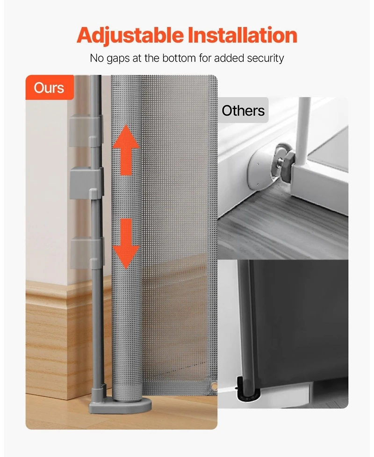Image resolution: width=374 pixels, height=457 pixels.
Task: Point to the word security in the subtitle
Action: [264, 58]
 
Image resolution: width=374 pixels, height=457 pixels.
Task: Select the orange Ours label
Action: [49, 87]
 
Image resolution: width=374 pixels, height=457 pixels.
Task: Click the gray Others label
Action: [243, 111]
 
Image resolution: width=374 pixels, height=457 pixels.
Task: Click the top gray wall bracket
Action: [86, 131]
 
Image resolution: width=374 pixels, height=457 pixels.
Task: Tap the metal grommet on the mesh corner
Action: [214, 386]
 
